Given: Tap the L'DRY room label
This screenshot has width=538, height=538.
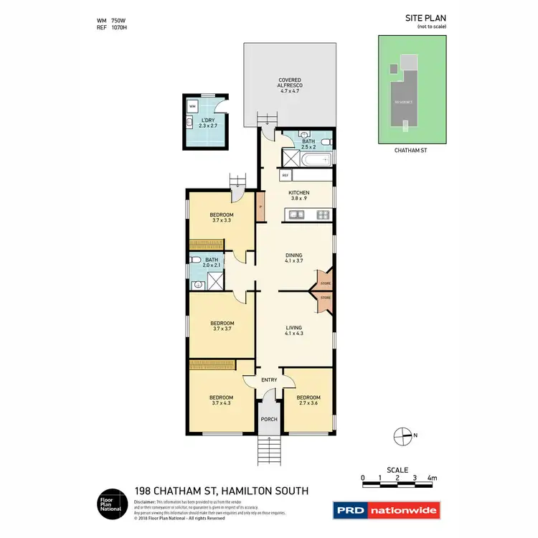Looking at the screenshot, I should pyautogui.click(x=208, y=123).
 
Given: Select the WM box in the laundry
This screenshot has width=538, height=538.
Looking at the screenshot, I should pyautogui.click(x=192, y=106).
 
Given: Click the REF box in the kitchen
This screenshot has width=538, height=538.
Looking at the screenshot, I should pyautogui.click(x=285, y=175).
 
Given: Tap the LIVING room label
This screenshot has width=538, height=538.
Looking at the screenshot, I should pyautogui.click(x=293, y=331).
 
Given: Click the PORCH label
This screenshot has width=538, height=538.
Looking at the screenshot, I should pyautogui.click(x=269, y=419).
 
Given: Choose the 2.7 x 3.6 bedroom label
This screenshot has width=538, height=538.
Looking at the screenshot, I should pyautogui.click(x=308, y=400).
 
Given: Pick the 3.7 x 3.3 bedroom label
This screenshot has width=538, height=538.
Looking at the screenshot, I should pyautogui.click(x=221, y=218).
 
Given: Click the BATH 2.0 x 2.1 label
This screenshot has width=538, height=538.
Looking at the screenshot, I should pyautogui.click(x=212, y=263).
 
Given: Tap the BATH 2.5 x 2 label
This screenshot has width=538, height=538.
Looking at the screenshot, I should pyautogui.click(x=308, y=145).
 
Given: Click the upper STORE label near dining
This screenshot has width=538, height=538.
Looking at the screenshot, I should pyautogui.click(x=326, y=284).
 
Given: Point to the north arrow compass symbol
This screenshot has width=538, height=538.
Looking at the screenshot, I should pyautogui.click(x=402, y=435).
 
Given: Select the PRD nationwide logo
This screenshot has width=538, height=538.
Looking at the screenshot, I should pyautogui.click(x=386, y=511).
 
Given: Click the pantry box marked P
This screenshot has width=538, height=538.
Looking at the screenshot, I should pyautogui.click(x=260, y=207).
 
